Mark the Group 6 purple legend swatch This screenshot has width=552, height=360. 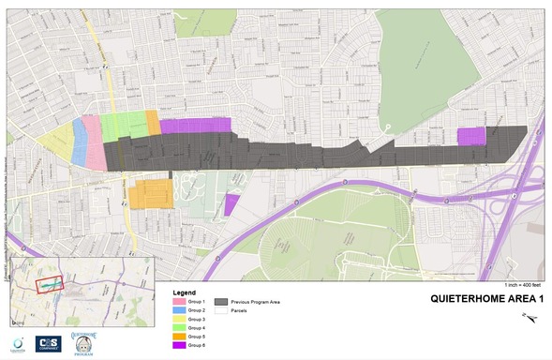pos(180,344)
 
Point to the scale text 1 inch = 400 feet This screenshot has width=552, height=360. pos(522,284)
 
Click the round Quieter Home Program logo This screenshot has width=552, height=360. pos(84,342)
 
